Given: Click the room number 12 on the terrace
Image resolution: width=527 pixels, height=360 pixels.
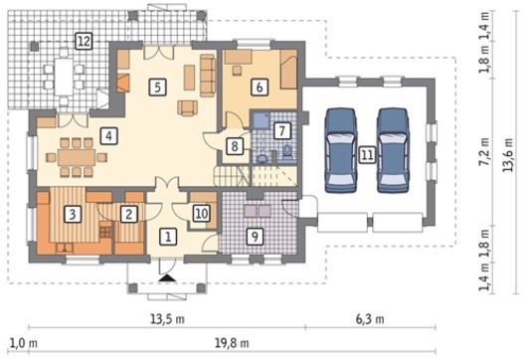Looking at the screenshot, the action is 84,42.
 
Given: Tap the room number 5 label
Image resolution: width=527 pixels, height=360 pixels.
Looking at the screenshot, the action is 158,88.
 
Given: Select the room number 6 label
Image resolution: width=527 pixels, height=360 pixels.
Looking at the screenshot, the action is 260,88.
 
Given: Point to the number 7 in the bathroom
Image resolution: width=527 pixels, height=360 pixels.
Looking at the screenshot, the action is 281,130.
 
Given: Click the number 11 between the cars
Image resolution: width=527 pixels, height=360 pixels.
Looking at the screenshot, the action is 367,155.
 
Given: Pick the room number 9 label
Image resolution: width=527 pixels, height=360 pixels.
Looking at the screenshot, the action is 255,237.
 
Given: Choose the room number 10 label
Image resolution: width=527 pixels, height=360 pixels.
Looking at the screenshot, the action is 201,214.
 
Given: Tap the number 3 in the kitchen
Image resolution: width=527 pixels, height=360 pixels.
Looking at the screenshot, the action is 73,214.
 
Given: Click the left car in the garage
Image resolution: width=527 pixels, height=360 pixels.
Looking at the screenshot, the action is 340,150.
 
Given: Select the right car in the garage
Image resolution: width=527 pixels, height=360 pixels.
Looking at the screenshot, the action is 393,150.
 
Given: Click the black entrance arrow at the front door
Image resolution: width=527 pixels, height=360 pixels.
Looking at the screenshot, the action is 167,277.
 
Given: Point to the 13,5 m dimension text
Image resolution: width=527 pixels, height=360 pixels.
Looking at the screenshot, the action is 167,319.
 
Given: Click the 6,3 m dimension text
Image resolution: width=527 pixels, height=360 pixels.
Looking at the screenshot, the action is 370,319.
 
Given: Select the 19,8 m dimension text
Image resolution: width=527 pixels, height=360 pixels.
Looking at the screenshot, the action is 232,343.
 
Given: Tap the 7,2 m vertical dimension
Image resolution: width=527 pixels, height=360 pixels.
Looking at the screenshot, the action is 484,151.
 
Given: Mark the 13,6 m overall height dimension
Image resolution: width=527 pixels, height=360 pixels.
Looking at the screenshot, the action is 508,155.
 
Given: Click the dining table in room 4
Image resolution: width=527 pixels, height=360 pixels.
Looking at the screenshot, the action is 77,157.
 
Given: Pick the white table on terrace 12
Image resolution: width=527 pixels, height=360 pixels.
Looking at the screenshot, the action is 64,77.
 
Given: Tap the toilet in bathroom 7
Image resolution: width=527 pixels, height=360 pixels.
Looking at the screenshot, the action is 287,150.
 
